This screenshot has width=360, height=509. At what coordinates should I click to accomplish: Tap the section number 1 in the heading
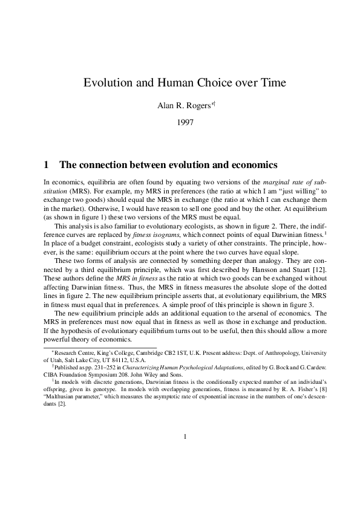47,164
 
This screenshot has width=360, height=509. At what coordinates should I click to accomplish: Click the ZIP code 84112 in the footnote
106,358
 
